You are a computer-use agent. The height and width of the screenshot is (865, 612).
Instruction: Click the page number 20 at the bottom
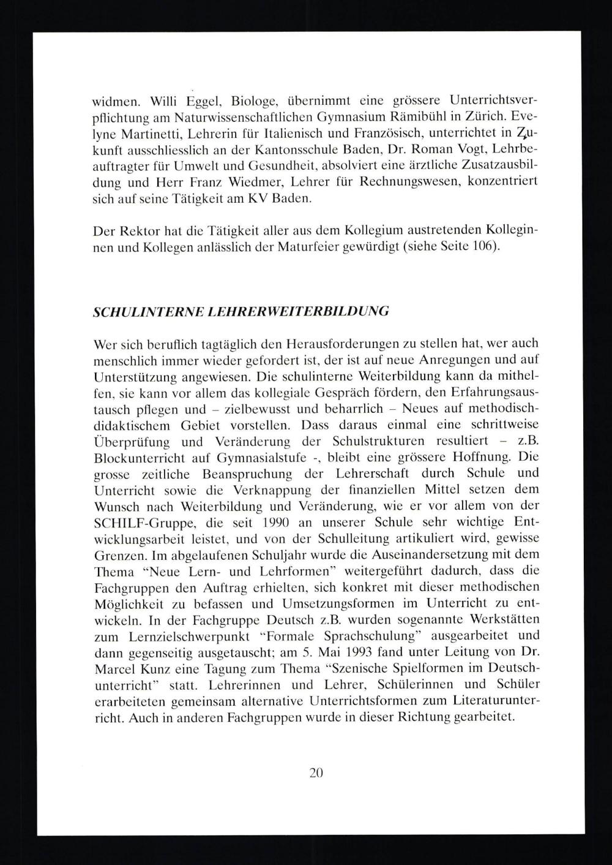point(316,772)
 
